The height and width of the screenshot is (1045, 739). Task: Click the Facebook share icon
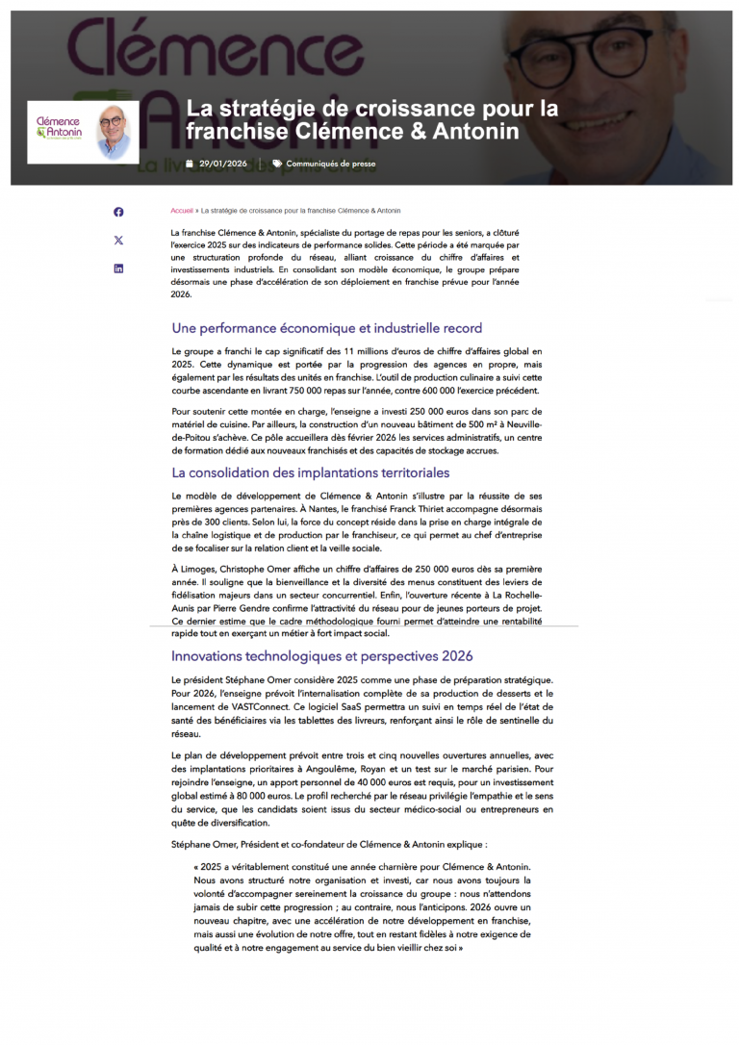(118, 212)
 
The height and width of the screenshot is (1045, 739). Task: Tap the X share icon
(118, 241)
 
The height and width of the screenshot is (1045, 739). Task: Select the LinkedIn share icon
(118, 268)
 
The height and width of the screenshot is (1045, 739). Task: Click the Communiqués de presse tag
(330, 164)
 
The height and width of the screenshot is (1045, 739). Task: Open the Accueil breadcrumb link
(182, 210)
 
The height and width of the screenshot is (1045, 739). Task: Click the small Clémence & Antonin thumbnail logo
(82, 132)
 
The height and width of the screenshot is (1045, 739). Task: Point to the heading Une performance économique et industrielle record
(326, 328)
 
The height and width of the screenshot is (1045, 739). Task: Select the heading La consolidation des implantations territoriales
(310, 472)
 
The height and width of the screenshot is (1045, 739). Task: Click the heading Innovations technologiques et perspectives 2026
(322, 656)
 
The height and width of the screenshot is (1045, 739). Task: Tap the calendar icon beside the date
(190, 164)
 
